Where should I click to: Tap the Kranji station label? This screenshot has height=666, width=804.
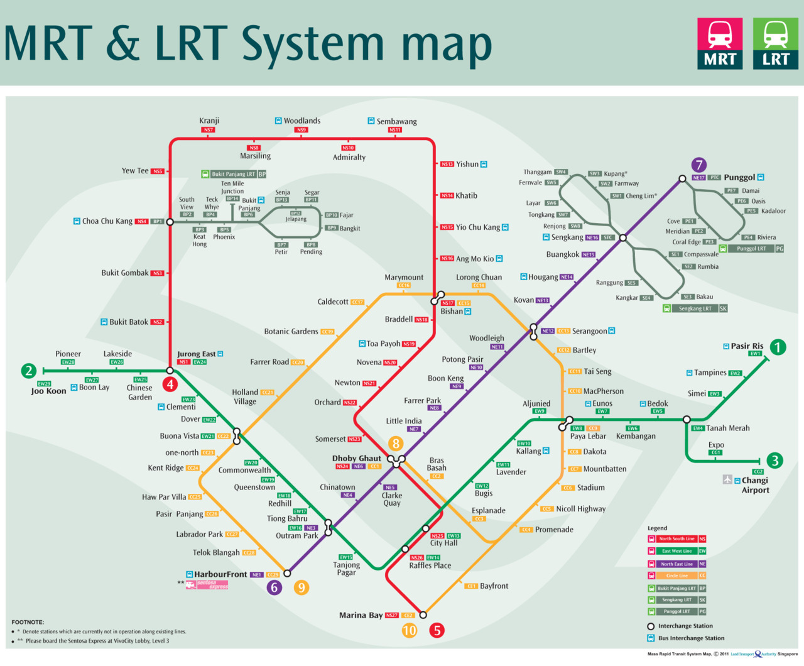pos(209,121)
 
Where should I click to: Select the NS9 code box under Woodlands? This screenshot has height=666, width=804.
pos(301,130)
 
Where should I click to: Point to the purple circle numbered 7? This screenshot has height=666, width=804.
pos(698,165)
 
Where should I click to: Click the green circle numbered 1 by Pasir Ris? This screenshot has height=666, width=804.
pos(778,347)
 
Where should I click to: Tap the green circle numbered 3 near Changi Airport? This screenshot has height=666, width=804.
pos(775,461)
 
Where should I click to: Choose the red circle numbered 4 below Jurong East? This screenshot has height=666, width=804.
pos(170,385)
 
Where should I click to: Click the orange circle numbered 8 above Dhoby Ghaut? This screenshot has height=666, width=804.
pos(395,444)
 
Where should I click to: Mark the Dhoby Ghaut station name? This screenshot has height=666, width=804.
pos(356,458)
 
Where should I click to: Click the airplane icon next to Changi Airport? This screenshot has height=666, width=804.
pos(727,480)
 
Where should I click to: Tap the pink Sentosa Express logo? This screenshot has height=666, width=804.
pos(207,585)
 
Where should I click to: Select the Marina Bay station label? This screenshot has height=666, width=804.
pos(361,615)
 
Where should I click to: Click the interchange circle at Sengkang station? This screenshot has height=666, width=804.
pos(622,238)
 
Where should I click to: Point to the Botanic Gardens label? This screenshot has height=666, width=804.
pos(291,331)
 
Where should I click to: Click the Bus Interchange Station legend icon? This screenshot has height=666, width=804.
pos(651,638)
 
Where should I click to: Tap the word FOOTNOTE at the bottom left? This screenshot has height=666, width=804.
pos(28,622)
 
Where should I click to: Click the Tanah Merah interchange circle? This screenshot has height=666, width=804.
pos(687,419)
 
